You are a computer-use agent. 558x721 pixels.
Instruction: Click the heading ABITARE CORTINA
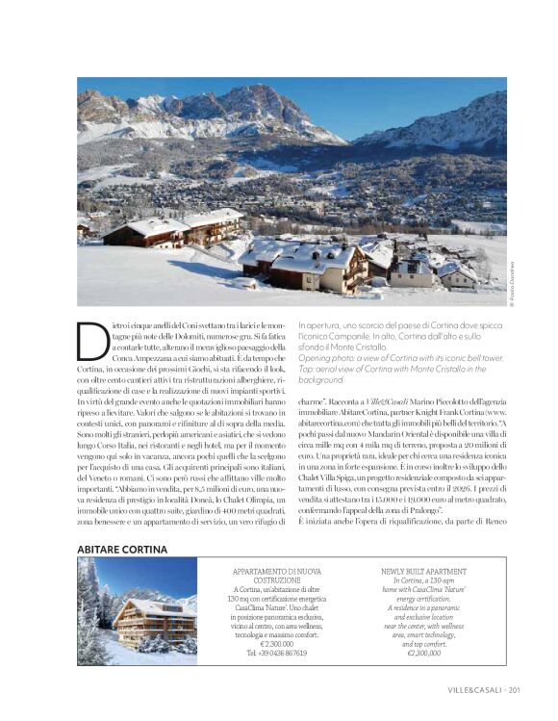122,549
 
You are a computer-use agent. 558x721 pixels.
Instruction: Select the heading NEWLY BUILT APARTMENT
423,570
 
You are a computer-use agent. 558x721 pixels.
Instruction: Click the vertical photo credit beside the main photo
513,286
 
